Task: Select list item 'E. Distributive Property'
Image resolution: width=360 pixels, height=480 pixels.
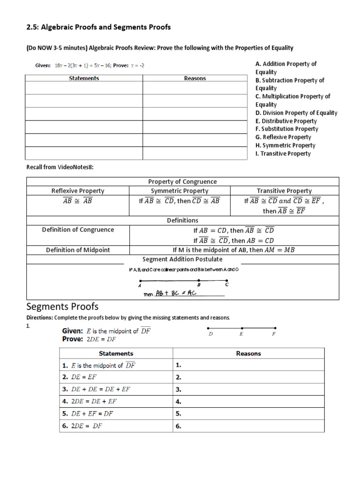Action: pos(286,121)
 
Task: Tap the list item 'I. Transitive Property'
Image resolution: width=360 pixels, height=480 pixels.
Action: pos(283,153)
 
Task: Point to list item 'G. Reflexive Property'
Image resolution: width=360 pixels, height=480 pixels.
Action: pos(283,137)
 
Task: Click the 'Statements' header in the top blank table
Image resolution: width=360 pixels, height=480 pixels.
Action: pos(84,78)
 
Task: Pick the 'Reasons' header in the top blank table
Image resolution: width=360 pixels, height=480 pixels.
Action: pos(195,78)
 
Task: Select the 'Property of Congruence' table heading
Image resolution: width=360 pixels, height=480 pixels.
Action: pos(182,181)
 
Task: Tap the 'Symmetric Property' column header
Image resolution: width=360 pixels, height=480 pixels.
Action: pos(180,191)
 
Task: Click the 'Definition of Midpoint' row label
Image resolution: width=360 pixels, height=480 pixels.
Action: pos(78,250)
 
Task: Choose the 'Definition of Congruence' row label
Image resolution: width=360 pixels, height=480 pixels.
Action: pos(78,230)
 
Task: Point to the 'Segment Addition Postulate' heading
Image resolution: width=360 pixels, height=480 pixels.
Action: pos(182,259)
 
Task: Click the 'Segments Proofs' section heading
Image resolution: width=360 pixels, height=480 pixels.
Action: pos(62,307)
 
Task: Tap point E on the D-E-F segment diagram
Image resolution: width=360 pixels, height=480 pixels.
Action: pos(241,328)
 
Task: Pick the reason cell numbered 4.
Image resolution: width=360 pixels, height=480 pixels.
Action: pos(179,401)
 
